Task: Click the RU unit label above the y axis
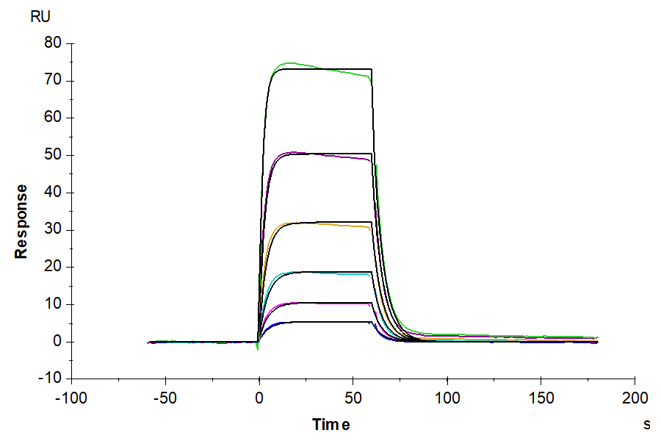[x=41, y=18]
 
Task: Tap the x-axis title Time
[x=330, y=425]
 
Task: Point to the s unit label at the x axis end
[x=646, y=424]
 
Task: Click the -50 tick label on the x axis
[x=165, y=398]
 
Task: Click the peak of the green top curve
[x=290, y=63]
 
